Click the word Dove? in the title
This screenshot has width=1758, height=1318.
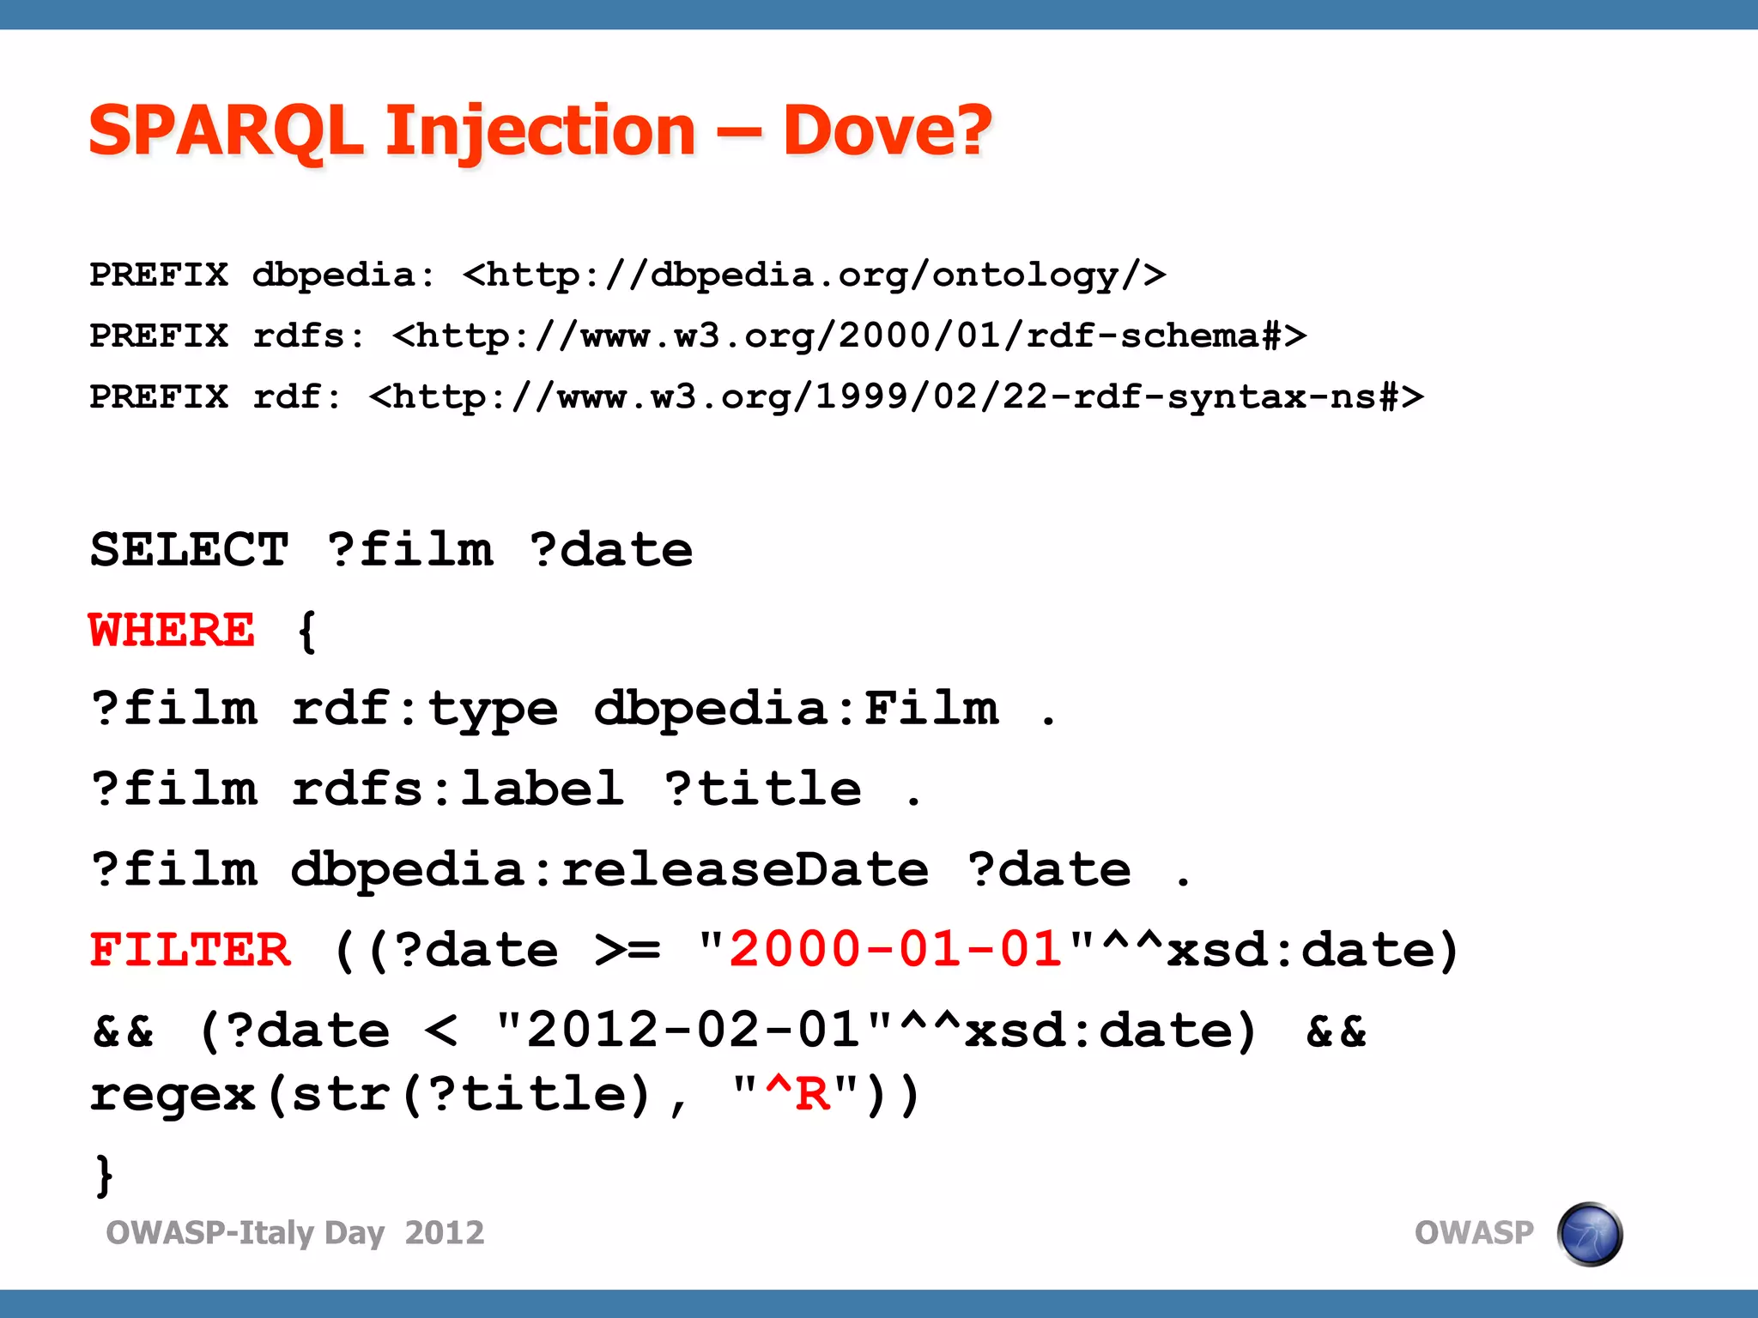(887, 130)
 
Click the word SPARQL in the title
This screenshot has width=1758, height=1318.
(226, 130)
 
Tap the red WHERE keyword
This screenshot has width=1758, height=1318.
(172, 630)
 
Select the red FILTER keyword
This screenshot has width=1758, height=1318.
(191, 950)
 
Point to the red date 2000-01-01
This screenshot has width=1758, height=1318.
(895, 950)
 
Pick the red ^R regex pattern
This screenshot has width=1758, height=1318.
(798, 1094)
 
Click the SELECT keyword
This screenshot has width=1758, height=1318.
(189, 549)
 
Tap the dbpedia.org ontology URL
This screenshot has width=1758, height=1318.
(814, 275)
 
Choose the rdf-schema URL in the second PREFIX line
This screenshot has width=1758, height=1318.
(849, 336)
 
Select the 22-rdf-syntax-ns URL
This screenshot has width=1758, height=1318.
(896, 396)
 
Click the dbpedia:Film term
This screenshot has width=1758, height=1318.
(796, 709)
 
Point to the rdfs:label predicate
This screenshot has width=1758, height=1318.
(458, 789)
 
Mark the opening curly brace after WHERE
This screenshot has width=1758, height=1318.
(306, 632)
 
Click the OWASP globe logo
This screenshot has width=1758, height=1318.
(1589, 1234)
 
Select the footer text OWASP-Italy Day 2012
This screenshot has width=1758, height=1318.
(294, 1233)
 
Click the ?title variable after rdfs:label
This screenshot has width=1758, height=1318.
(763, 789)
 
